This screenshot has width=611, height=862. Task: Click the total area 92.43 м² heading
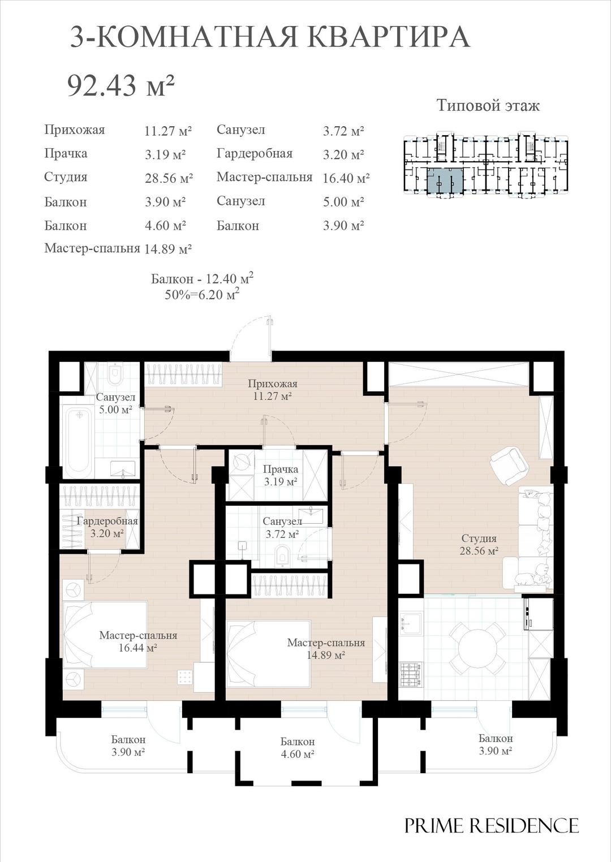(121, 86)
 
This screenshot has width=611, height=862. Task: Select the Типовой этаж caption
(488, 105)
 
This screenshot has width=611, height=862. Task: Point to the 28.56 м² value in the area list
(169, 178)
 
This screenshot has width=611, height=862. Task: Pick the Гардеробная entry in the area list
(255, 153)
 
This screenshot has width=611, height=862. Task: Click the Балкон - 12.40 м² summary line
(202, 278)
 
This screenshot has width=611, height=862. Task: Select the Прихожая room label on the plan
(273, 383)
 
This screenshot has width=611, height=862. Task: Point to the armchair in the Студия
(509, 466)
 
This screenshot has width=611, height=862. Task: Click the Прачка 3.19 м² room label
(280, 476)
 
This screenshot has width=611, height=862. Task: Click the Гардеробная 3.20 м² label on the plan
(107, 528)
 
